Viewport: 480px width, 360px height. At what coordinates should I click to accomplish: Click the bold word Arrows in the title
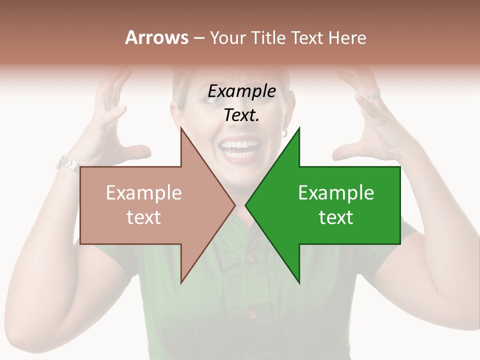pyautogui.click(x=156, y=37)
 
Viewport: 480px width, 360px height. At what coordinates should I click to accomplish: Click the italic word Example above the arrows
pyautogui.click(x=241, y=91)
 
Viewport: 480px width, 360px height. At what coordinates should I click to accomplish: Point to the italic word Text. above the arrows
pyautogui.click(x=241, y=115)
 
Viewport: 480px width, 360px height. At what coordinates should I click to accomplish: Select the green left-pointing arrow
pyautogui.click(x=335, y=205)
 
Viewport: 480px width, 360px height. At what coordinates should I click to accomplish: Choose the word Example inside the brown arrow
pyautogui.click(x=144, y=193)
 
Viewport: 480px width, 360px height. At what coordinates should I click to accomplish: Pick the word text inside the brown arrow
pyautogui.click(x=144, y=217)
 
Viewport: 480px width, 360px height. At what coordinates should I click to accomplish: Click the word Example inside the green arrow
pyautogui.click(x=336, y=193)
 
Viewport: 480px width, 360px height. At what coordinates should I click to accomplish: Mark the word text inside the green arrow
pyautogui.click(x=336, y=217)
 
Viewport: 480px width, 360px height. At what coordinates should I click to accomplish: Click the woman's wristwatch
pyautogui.click(x=67, y=163)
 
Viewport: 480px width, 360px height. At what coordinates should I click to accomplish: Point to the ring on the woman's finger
pyautogui.click(x=373, y=94)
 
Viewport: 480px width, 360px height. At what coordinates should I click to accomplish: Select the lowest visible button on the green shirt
pyautogui.click(x=251, y=314)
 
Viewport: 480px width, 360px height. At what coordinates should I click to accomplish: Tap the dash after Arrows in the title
pyautogui.click(x=198, y=38)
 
